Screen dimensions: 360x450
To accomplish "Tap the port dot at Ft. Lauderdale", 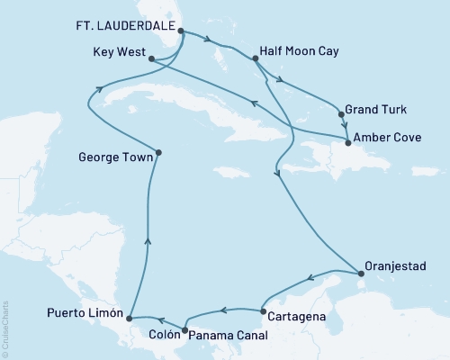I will (x=182, y=31).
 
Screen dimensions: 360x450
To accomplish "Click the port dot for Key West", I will (x=151, y=58).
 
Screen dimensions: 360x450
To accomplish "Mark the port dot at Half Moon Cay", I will (x=256, y=59).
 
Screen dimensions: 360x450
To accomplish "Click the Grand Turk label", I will (x=381, y=111).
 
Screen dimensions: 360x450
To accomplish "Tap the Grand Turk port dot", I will (x=341, y=113).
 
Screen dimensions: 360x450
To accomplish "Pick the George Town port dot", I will (x=158, y=152).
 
